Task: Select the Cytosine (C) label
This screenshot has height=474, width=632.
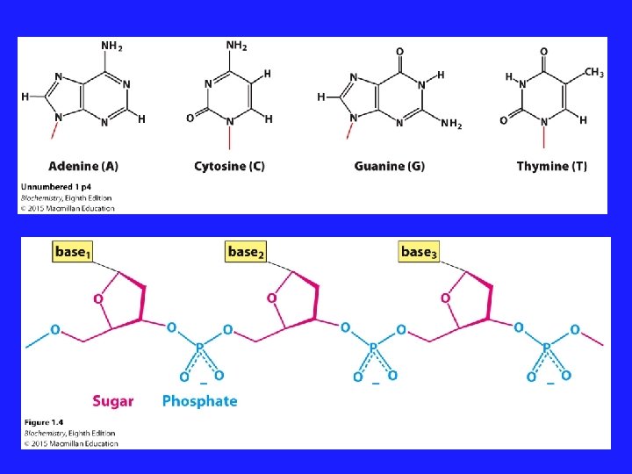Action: coord(229,166)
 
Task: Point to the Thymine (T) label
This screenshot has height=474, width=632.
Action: coord(552,166)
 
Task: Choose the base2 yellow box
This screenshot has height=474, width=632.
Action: coord(246,253)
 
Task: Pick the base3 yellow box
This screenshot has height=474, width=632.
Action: coord(419,253)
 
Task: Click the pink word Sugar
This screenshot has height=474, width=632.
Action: coord(113,401)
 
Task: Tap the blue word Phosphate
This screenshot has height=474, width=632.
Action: coord(199,401)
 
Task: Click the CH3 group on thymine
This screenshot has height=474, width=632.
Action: coord(593,73)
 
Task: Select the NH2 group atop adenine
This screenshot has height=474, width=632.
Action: coord(111,47)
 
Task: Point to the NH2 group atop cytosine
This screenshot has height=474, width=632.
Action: coord(236,46)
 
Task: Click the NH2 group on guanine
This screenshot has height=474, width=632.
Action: coord(451,125)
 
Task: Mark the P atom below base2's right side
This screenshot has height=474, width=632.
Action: coord(373,348)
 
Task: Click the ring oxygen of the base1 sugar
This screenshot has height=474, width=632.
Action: coord(98,298)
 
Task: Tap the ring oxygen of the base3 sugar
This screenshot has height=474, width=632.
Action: coord(445,298)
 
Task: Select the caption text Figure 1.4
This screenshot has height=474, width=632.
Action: coord(43,423)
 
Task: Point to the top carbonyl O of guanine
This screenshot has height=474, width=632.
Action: coord(400,51)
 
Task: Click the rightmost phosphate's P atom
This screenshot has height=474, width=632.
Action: coord(546,348)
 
